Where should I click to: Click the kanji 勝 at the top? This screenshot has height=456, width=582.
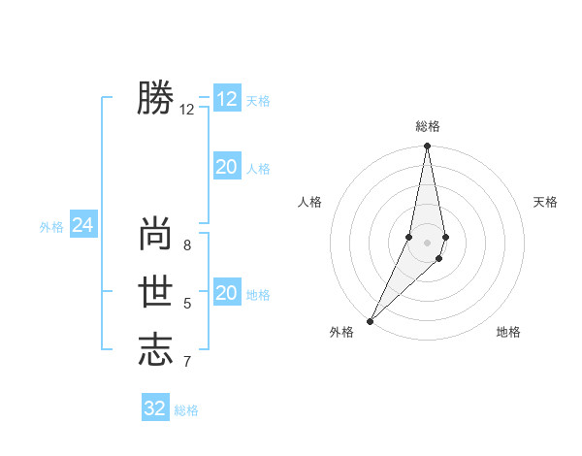click(155, 99)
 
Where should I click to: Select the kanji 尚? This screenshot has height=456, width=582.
click(155, 234)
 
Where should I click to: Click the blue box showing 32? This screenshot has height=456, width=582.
click(155, 408)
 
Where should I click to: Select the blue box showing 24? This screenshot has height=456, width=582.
click(82, 225)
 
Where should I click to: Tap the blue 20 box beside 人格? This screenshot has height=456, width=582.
click(226, 167)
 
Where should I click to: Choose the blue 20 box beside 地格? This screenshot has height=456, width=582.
click(226, 293)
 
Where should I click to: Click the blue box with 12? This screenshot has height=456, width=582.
click(226, 99)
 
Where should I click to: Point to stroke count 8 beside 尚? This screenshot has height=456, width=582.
click(187, 245)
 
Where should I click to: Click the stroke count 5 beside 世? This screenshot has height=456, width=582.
click(187, 304)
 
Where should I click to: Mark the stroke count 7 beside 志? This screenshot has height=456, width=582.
click(187, 362)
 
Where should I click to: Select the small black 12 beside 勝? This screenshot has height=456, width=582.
click(187, 110)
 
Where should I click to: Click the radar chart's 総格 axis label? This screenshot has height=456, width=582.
click(427, 127)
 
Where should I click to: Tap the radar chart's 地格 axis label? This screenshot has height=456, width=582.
click(508, 332)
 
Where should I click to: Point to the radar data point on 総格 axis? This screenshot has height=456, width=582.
click(427, 147)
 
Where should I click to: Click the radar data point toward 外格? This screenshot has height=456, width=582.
click(370, 321)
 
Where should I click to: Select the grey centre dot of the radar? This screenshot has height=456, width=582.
click(427, 242)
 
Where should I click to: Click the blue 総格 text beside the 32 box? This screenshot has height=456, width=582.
click(186, 410)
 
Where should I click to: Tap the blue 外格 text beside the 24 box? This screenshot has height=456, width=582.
click(51, 227)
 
